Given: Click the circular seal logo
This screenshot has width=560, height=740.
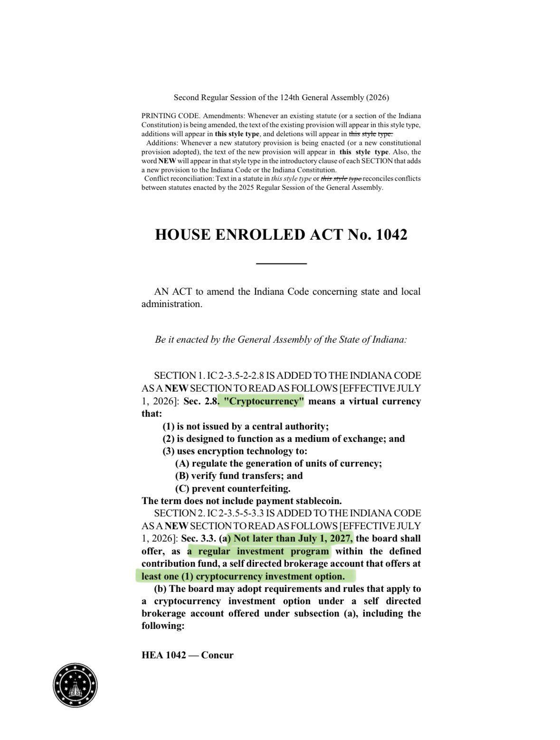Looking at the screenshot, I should tap(75, 685).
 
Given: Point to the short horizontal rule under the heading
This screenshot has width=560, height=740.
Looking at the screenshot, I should tap(281, 263).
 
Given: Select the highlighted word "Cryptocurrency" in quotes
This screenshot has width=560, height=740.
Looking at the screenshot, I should tap(264, 402).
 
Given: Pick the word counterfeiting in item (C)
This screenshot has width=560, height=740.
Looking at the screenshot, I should tap(259, 488).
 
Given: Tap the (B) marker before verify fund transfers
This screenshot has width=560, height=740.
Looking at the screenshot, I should tap(182, 476).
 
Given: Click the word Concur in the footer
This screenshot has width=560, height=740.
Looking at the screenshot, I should tap(218, 656).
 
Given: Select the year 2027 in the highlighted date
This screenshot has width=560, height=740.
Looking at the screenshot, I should tap(340, 539).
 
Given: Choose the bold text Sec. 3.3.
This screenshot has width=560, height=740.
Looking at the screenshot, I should tap(199, 539).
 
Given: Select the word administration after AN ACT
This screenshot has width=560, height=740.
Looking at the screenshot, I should tap(171, 304).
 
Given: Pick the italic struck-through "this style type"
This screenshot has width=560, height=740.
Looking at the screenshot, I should tap(342, 179).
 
